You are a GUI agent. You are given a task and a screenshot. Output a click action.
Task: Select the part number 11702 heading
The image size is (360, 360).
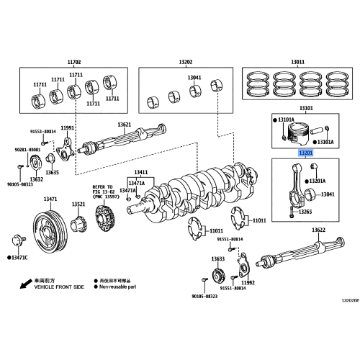[x=74, y=63]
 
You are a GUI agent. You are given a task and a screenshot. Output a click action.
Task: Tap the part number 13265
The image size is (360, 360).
[x=306, y=211]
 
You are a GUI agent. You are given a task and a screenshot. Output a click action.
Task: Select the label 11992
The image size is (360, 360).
[x=248, y=282]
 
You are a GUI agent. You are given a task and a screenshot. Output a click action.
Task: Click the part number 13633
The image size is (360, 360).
[x=218, y=258]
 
